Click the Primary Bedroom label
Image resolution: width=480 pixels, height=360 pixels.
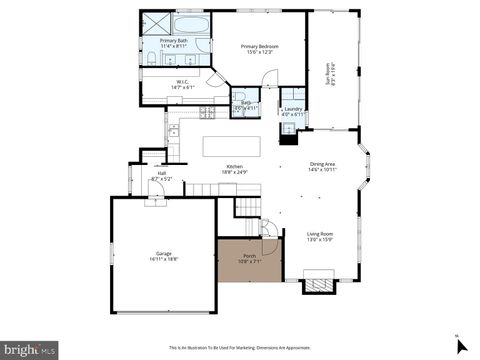coord(258,46)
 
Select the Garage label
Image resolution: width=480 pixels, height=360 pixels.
coord(163,254)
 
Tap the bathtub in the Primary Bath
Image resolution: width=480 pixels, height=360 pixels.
coord(190,24)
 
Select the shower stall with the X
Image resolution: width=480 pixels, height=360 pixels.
coord(155,24)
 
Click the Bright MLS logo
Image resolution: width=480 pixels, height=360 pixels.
coord(29,350)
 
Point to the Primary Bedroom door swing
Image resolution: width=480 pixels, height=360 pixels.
coord(266,80)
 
